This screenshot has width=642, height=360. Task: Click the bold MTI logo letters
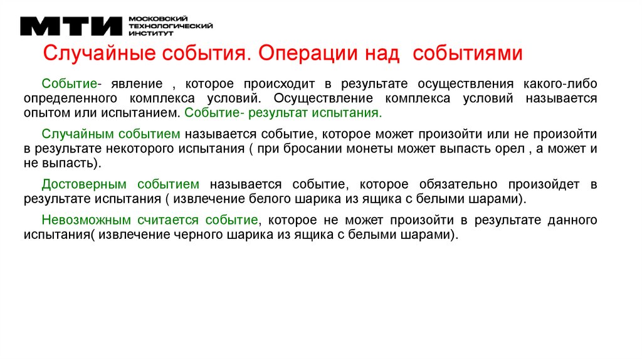tap(71, 26)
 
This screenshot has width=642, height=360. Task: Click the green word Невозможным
tap(87, 220)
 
